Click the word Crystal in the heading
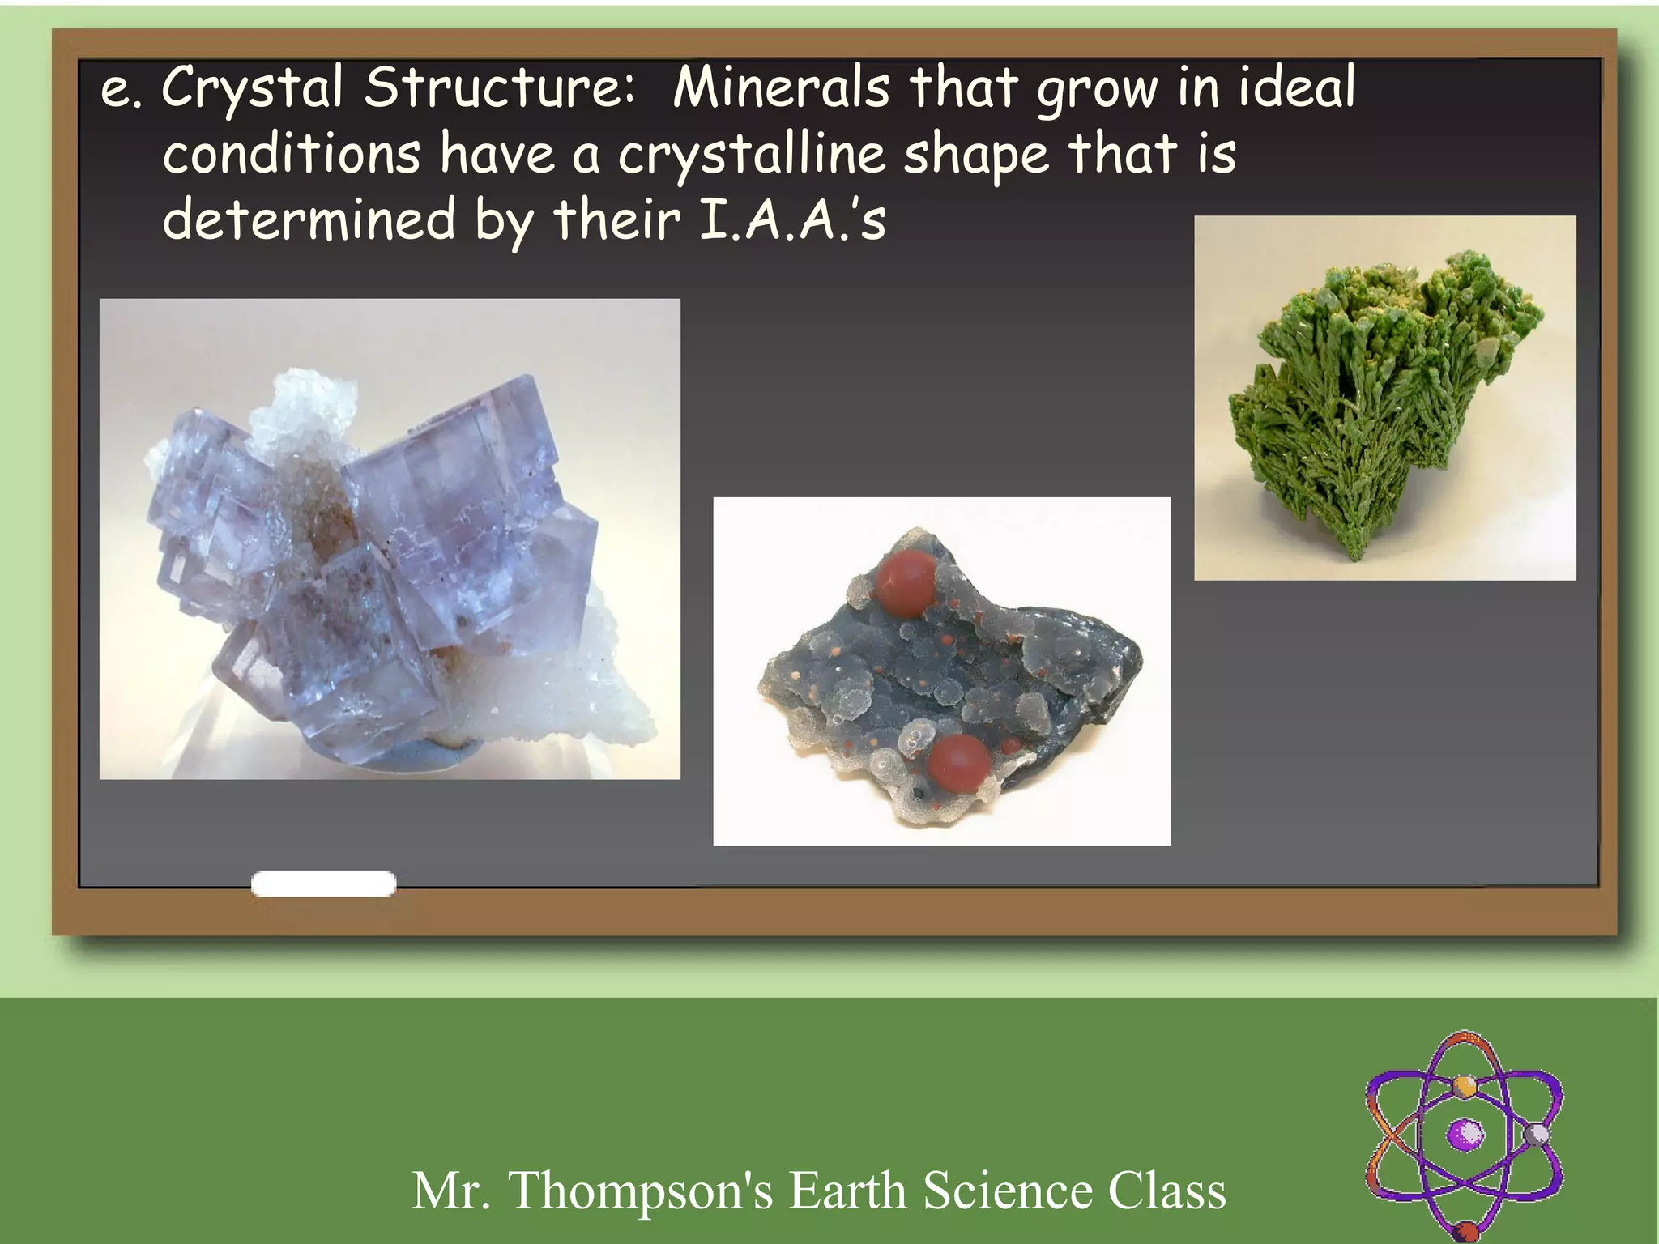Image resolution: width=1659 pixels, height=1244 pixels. coord(252,87)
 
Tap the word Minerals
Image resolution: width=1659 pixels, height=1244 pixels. coord(780,87)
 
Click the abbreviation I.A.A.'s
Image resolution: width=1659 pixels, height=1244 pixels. coord(791,220)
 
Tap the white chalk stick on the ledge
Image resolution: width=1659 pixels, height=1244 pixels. coord(323,884)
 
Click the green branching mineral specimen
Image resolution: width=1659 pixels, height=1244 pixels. coord(1377,397)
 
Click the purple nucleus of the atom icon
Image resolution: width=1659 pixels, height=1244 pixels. coord(1465,1134)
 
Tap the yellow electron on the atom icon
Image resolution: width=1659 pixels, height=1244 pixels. coord(1464,1085)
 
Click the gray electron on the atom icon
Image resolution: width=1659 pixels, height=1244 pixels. coord(1535,1134)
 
